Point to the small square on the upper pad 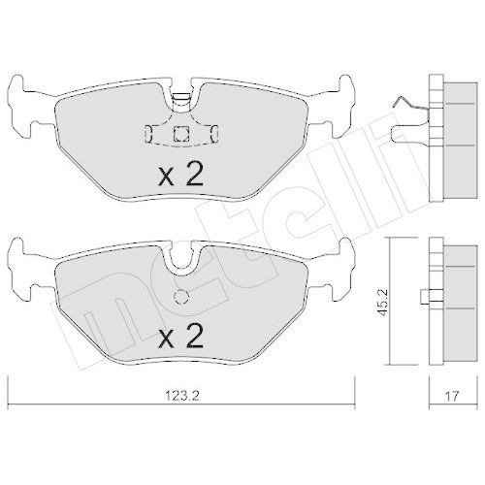coord(178,136)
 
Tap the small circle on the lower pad coord(178,298)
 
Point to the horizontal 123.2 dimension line coord(97,404)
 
